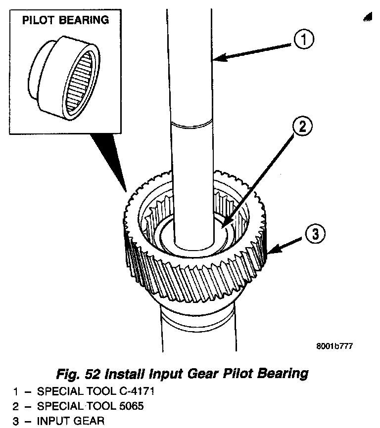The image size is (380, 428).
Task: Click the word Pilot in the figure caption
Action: (x=234, y=374)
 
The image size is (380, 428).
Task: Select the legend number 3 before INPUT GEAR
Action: (x=17, y=422)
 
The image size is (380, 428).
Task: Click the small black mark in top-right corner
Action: (x=367, y=18)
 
